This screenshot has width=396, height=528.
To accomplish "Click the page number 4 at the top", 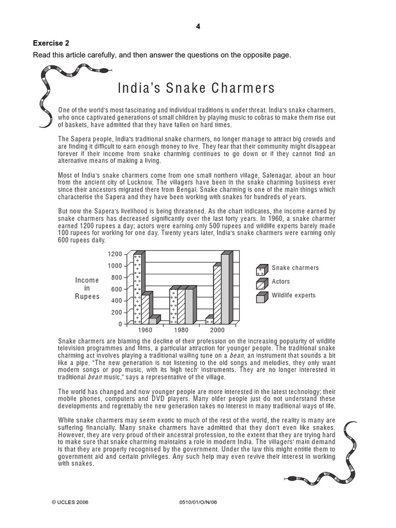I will coord(198,27).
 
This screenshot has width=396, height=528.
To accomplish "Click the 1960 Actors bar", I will coord(146,308).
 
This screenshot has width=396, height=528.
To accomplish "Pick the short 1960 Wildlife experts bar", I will coord(153,320).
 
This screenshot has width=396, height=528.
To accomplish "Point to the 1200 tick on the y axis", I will coord(115,254).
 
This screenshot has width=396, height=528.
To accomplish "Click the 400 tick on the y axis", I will coord(117,301).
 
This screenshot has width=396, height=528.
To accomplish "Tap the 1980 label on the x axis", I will coord(181,330).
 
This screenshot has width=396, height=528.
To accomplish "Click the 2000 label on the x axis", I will coord(217,330).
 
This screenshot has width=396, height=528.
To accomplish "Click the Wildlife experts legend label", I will coord(293,295).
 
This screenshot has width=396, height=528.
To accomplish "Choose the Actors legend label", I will coord(281,282).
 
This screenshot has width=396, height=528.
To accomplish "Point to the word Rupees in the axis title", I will coord(87,296).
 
